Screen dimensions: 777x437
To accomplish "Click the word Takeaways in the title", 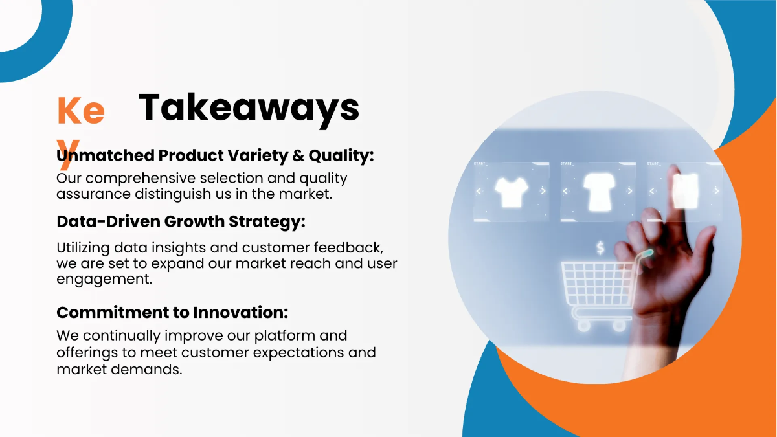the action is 249,109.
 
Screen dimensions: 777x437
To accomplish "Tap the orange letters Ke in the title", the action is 81,110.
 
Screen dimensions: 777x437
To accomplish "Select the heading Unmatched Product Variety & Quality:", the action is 215,156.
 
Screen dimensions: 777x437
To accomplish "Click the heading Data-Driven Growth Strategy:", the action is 181,222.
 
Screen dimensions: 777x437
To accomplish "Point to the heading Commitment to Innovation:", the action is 172,313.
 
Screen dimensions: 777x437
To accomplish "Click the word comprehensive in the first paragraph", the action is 141,179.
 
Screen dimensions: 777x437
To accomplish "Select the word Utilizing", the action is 84,249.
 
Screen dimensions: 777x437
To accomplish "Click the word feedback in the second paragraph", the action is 348,248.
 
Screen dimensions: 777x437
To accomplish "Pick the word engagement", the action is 104,280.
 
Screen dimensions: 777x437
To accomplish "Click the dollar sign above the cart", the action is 600,248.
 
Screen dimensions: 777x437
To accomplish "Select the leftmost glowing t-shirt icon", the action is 511,192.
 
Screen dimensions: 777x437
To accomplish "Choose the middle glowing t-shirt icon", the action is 599,192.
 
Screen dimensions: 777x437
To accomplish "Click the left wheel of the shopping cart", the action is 583,326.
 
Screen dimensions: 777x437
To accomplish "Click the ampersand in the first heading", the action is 298,155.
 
